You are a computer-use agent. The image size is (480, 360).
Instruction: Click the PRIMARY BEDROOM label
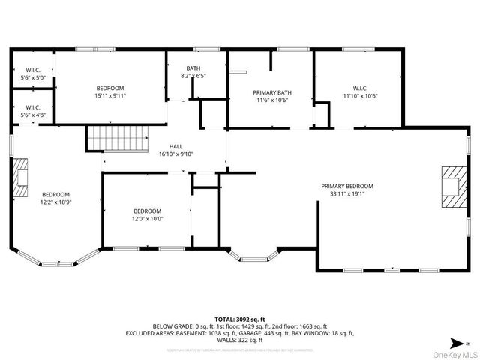click(x=346, y=186)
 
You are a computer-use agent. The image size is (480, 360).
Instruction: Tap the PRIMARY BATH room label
click(x=271, y=92)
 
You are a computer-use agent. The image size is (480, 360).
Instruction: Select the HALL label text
click(x=175, y=146)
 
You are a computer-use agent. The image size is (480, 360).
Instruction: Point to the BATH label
click(x=193, y=68)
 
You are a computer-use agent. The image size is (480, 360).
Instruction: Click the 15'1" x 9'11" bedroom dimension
click(x=110, y=96)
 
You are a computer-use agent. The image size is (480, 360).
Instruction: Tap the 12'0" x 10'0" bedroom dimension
click(x=147, y=219)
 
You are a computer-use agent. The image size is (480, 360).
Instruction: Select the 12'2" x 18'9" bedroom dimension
click(x=55, y=201)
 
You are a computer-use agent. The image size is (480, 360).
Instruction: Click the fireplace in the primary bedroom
click(x=451, y=186)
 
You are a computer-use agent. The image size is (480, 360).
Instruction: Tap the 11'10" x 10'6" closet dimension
click(x=359, y=95)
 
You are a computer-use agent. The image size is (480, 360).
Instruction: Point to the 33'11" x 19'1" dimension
click(x=346, y=193)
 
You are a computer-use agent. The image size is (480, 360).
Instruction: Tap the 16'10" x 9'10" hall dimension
click(x=175, y=154)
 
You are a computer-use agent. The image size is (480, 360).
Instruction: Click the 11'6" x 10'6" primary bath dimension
click(x=271, y=100)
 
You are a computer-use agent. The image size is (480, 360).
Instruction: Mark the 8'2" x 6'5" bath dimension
click(x=193, y=76)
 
